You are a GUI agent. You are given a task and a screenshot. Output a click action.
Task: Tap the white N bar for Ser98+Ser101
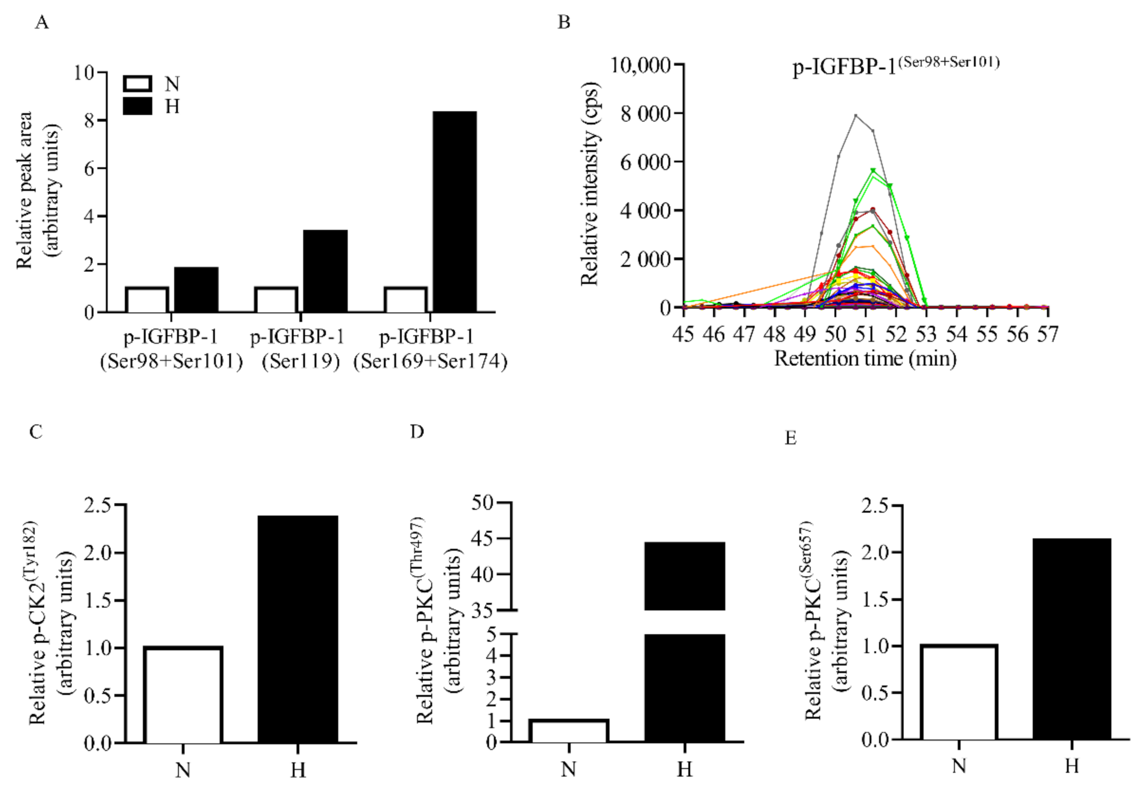point(147,300)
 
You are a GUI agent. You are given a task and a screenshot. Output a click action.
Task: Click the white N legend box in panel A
point(137,84)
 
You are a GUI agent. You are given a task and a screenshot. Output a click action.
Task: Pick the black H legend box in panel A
point(137,106)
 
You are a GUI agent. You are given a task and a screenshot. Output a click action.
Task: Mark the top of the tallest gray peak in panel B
point(856,116)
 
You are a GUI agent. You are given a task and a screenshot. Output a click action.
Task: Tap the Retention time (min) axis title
point(865,358)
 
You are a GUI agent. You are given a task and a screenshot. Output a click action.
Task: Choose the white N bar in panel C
point(183,695)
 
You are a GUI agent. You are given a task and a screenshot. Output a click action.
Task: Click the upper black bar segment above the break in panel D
point(685,576)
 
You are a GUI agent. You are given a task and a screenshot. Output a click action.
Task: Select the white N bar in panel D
point(569,731)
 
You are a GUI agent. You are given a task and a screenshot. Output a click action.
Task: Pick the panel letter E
point(790,438)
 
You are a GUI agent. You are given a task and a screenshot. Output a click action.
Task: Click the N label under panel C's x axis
point(183,770)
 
